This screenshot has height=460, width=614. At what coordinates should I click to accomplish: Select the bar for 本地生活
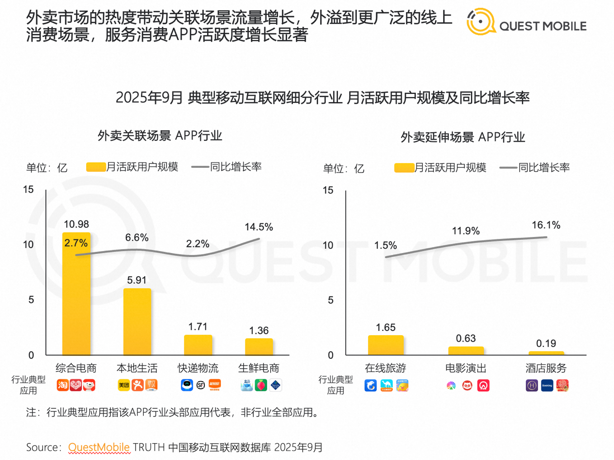[x=137, y=322]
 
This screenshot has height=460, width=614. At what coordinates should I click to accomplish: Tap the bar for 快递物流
[x=198, y=345]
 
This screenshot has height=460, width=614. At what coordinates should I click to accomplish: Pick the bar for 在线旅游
[x=385, y=345]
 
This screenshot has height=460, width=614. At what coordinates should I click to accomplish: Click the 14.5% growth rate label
[x=259, y=227]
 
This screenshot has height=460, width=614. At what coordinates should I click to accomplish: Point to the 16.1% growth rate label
[x=546, y=225]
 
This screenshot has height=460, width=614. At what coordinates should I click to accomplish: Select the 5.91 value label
[x=137, y=280]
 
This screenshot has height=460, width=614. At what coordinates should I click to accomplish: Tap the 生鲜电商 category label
[x=259, y=368]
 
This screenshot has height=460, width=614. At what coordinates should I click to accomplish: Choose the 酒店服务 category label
[x=546, y=368]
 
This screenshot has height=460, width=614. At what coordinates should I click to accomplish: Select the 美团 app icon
[x=124, y=385]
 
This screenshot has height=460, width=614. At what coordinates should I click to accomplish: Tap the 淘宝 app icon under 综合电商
[x=63, y=385]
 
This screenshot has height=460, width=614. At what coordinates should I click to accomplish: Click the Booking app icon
[x=547, y=386]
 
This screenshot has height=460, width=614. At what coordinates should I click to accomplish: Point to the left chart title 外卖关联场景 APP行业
[x=159, y=136]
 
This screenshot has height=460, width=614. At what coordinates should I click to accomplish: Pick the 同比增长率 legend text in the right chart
[x=544, y=167]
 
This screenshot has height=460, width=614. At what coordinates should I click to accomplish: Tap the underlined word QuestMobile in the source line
[x=99, y=446]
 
